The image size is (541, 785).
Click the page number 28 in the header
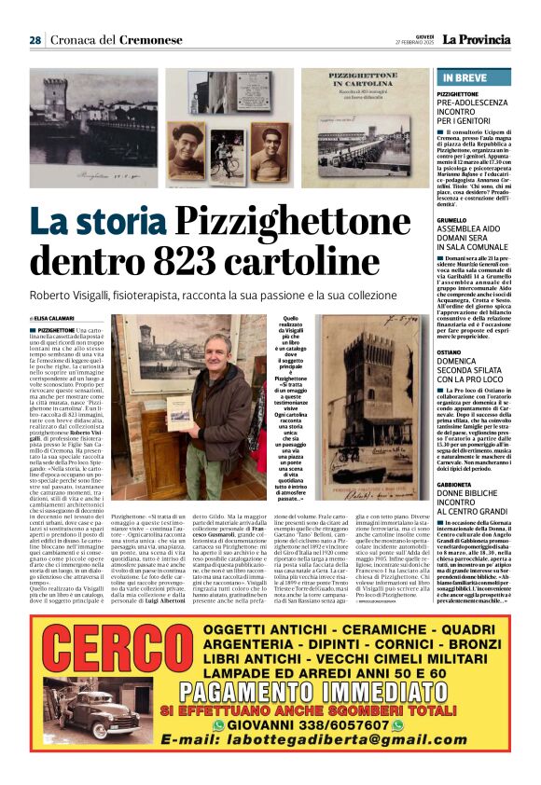[x=35, y=40]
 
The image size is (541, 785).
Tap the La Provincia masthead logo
[x=476, y=39]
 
